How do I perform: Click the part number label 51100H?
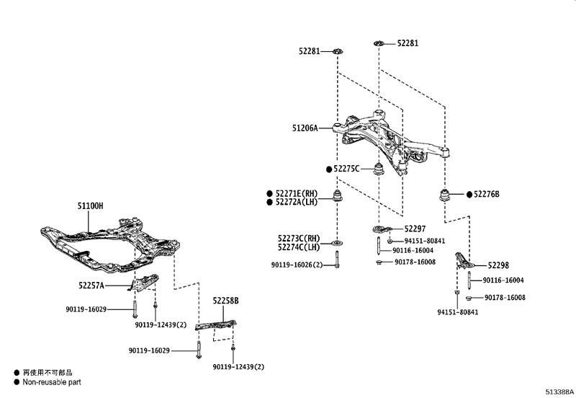point(90,206)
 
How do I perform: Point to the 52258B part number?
point(225,301)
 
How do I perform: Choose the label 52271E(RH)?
point(296,193)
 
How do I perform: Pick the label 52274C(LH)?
point(297,247)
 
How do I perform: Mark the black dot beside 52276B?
point(468,194)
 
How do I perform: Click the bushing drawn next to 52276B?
point(446,195)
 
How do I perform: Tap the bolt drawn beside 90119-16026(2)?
point(336,259)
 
